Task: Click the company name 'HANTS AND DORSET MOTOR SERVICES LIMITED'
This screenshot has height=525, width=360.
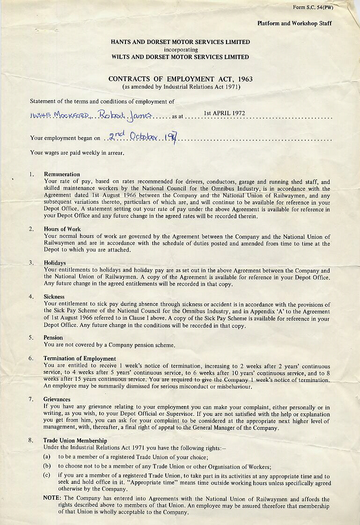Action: [180, 42]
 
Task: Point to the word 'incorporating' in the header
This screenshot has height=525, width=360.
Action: [181, 49]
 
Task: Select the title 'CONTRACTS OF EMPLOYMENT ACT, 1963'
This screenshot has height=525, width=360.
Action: [180, 79]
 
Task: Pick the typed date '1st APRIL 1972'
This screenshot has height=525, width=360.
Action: [224, 113]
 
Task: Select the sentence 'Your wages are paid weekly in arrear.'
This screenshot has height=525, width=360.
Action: [77, 152]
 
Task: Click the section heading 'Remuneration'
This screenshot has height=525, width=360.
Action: [62, 174]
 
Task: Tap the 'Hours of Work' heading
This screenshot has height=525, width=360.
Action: [62, 229]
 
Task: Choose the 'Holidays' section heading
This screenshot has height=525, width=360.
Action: [55, 263]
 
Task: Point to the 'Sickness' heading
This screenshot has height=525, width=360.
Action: [54, 296]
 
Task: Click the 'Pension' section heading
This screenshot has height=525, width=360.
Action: [53, 337]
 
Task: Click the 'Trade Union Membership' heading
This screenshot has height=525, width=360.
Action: [75, 440]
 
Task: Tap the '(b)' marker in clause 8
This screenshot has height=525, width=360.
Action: [47, 466]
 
